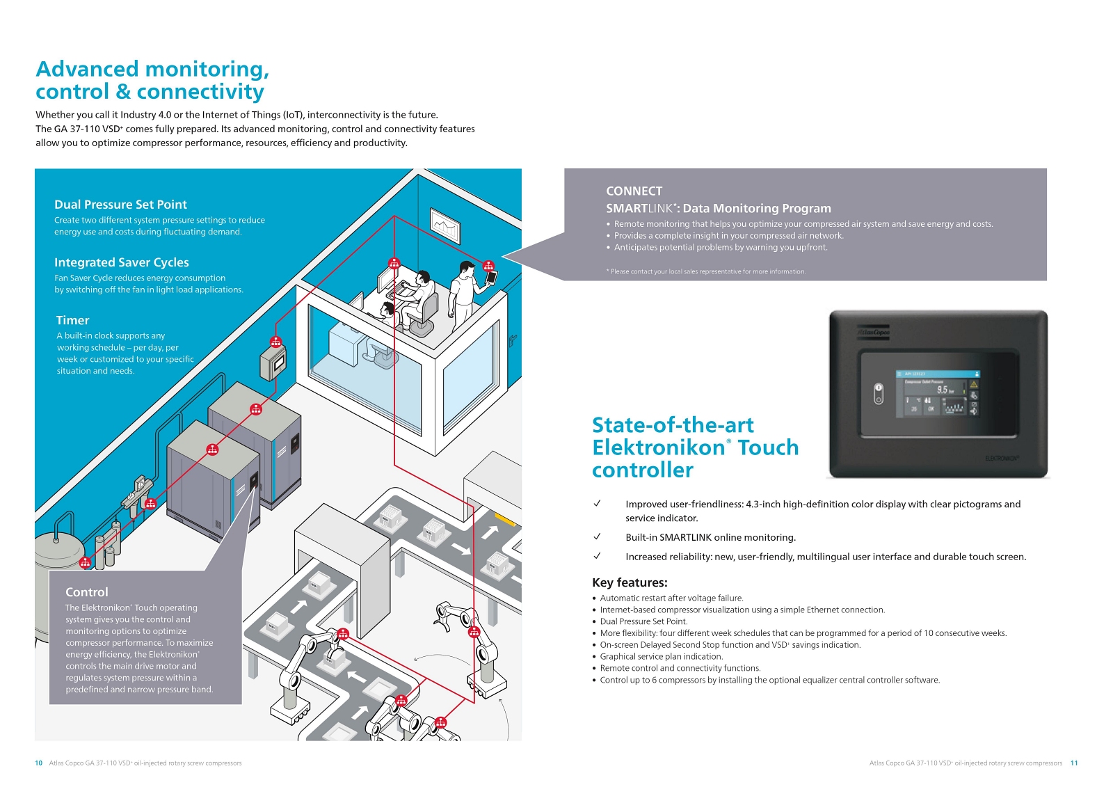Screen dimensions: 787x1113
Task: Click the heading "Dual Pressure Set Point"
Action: [120, 205]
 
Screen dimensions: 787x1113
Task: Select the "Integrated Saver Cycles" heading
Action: [122, 262]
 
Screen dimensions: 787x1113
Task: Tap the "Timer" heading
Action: [72, 320]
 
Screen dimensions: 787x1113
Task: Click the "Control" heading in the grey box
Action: [87, 592]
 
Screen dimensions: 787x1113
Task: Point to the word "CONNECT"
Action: [634, 191]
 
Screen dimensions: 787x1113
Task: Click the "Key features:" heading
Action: [630, 582]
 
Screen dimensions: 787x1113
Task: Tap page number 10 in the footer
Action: [39, 763]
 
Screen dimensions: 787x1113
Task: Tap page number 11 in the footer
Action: [1074, 763]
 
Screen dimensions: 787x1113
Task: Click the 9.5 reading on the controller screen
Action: [943, 390]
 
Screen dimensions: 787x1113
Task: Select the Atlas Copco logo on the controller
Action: [873, 333]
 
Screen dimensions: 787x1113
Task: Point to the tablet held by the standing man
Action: [492, 277]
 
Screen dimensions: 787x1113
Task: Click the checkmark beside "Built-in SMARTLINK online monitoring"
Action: [597, 536]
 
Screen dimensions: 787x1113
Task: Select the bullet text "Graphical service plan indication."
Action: [662, 656]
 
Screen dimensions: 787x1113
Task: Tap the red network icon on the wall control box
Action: [275, 342]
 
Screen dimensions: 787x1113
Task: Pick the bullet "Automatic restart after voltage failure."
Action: [671, 598]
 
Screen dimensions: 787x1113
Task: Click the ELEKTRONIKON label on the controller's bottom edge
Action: [1002, 459]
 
